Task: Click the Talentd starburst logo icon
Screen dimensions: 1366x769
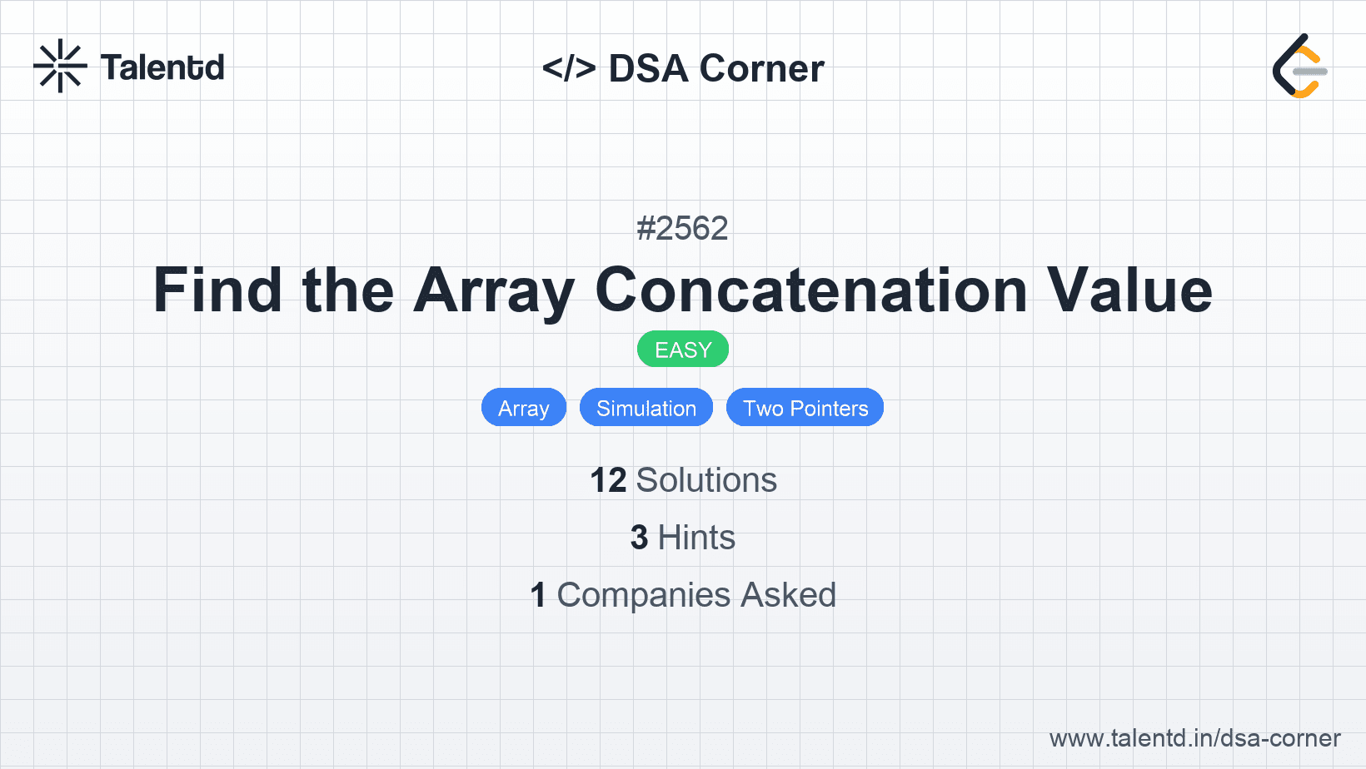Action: click(60, 66)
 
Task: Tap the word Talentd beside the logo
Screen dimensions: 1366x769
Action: click(162, 67)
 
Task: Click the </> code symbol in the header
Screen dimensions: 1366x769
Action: click(569, 67)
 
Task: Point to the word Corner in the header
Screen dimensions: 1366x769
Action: click(761, 68)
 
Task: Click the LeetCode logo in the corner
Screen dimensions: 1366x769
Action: click(1300, 66)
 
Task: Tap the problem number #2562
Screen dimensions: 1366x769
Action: click(682, 229)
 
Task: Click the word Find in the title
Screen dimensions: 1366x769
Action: click(217, 290)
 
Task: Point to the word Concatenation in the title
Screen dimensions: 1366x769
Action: click(811, 290)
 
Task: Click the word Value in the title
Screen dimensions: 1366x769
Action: click(1129, 290)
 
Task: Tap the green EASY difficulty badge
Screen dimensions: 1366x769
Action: click(683, 350)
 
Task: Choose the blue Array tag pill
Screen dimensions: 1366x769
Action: click(524, 407)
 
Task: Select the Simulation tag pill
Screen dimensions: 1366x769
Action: click(646, 407)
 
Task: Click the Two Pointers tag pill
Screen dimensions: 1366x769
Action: click(805, 407)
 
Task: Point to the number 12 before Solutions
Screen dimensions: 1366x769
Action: click(608, 480)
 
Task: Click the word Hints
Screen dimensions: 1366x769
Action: click(696, 538)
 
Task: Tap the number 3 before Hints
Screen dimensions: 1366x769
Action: click(639, 538)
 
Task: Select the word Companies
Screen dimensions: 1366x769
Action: click(643, 595)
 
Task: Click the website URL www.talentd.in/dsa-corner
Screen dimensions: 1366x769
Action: click(1194, 738)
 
